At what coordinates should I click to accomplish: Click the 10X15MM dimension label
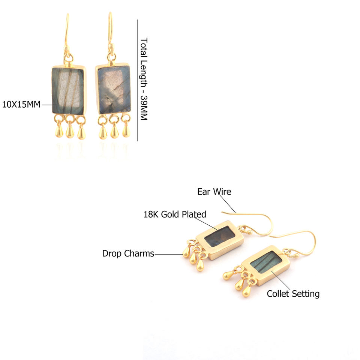coord(21,105)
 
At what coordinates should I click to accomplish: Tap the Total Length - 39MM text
coord(144,79)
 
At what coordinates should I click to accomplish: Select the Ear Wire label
coord(214,192)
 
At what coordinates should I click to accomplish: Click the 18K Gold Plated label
coord(175,214)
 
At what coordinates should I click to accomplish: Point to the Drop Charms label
coord(128,254)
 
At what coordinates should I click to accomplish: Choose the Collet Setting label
coord(293,294)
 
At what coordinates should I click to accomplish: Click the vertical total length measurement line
coord(137,80)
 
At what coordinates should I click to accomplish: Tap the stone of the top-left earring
coord(67,90)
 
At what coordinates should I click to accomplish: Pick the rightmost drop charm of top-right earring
coord(126,130)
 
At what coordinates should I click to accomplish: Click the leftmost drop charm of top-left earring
coord(59,131)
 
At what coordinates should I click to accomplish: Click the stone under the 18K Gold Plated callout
coord(220,237)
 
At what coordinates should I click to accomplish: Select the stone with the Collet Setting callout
coord(265,262)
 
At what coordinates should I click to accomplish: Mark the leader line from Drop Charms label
coord(168,255)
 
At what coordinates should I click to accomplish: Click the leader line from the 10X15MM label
coord(49,105)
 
